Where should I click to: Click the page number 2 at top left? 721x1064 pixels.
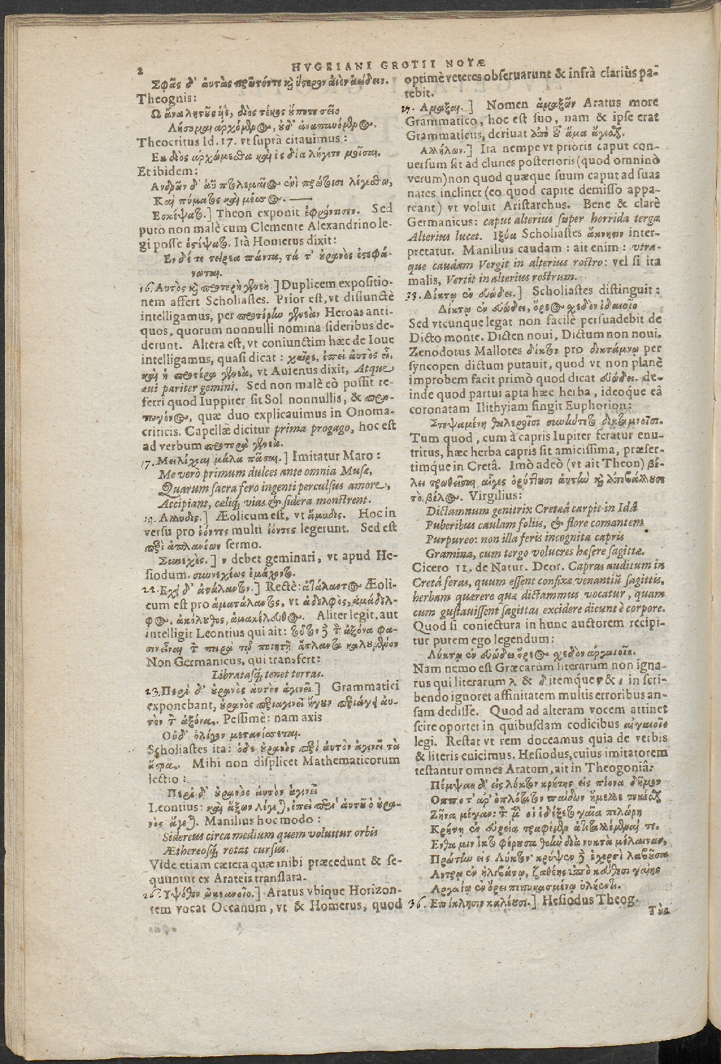pos(139,70)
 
